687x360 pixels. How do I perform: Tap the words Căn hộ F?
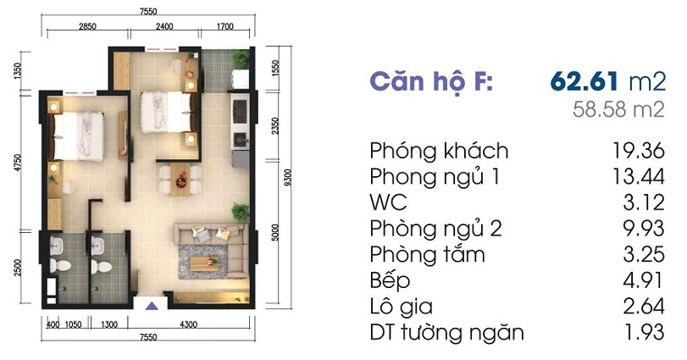429,83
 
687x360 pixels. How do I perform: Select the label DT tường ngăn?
446,332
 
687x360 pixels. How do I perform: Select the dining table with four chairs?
179,176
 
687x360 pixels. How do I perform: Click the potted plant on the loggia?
241,58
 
